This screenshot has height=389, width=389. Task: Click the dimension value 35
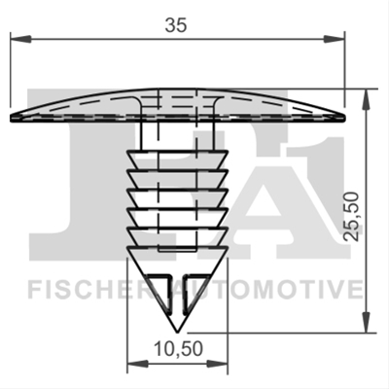(x=176, y=25)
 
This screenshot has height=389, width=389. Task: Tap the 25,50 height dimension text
(x=352, y=216)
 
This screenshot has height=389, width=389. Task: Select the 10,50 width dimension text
(x=178, y=349)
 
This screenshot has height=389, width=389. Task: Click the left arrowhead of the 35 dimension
(x=21, y=39)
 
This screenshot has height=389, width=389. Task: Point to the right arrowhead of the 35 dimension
(x=334, y=39)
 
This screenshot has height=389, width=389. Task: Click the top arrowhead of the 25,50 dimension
(x=367, y=99)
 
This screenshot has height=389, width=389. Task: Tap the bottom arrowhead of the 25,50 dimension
(x=367, y=322)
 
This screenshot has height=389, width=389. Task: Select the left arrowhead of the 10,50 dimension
(x=138, y=364)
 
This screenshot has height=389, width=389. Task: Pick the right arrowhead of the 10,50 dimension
(x=218, y=364)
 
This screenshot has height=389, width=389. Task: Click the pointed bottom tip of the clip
(x=177, y=332)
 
